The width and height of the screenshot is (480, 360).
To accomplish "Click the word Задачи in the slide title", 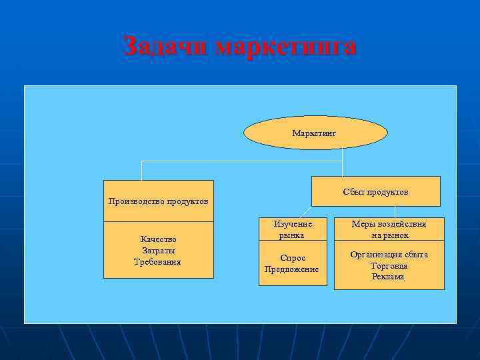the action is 167,47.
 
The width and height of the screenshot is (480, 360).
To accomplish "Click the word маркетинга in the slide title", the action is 287,47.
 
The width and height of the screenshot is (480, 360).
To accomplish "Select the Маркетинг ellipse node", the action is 315,133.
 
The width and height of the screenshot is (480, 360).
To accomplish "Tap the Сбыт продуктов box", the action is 376,191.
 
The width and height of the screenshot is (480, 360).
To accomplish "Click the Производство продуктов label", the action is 158,201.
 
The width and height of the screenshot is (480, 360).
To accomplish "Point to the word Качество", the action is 158,239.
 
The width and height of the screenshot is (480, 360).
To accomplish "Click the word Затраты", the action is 158,250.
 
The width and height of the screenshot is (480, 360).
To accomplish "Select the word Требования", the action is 158,261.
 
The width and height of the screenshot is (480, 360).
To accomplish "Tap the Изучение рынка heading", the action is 293,229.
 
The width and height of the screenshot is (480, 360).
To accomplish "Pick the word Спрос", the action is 293,258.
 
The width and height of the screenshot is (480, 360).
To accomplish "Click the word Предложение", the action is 292,269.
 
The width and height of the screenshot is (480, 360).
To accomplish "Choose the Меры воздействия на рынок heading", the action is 389,229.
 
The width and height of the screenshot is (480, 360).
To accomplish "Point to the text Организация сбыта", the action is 389,255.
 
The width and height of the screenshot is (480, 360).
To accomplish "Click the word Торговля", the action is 389,265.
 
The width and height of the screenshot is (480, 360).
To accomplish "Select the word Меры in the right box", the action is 363,224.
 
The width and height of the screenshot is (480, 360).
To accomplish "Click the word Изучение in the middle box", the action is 293,224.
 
